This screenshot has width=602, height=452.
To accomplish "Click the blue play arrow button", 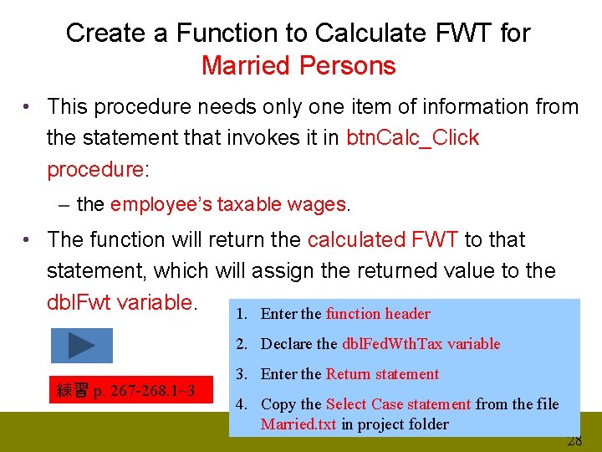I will coord(82,345).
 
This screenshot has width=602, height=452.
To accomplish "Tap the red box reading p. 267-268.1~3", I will coord(125,390).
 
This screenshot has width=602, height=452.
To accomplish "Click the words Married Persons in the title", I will coord(298,65).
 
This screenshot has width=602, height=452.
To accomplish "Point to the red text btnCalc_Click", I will coord(412,138).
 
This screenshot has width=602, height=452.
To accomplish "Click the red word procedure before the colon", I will coord(95,169).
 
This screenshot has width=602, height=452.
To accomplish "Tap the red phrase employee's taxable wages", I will coord(227,204).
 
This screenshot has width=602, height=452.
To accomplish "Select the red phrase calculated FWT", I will coord(382,239).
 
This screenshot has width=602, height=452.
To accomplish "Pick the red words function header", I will coord(378,314).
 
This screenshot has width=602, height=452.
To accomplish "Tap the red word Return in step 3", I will coord(349,374).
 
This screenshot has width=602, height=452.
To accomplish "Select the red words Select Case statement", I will coord(399,404).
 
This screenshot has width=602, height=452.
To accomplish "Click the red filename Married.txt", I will coord(298,424).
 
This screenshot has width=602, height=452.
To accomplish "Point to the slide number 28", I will coord(574,442).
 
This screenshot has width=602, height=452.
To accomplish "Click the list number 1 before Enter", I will coord(241,314).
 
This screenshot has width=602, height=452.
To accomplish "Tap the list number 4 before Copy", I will coord(241,404).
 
